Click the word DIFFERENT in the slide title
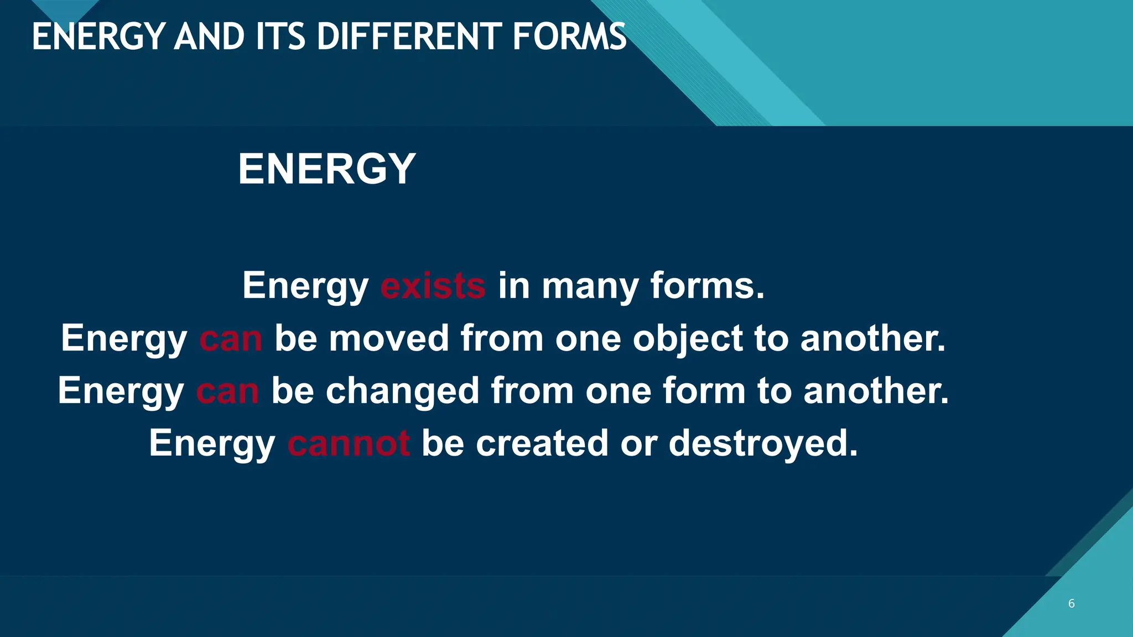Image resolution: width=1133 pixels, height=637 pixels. (409, 37)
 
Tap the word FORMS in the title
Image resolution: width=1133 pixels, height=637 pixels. (569, 37)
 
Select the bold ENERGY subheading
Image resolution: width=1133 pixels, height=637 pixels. (326, 169)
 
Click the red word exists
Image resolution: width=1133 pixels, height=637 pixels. (433, 286)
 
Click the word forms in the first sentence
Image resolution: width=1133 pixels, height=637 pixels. (706, 286)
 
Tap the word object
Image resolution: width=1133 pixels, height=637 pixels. (688, 339)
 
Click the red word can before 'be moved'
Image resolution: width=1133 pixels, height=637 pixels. (231, 339)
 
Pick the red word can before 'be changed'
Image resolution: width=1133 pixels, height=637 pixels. (227, 391)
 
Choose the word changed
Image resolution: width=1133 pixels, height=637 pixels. (402, 391)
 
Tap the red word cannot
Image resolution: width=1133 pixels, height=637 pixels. (349, 443)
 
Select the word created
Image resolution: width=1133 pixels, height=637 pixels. (542, 443)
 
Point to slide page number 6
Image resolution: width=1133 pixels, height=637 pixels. (1072, 603)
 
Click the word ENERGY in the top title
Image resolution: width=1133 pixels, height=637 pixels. (98, 37)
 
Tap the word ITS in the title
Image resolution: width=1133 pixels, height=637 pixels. (280, 37)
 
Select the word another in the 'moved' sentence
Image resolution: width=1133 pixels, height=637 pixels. (872, 338)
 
